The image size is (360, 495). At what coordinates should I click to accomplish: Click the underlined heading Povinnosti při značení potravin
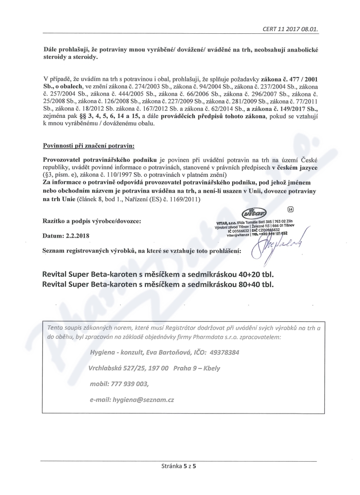pyautogui.click(x=88, y=146)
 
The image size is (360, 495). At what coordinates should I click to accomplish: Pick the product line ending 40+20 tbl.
pyautogui.click(x=157, y=274)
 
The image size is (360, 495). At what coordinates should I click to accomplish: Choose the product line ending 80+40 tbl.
pyautogui.click(x=157, y=284)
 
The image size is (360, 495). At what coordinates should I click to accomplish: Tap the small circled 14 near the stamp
pyautogui.click(x=290, y=209)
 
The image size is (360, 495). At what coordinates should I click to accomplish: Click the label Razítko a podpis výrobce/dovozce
pyautogui.click(x=92, y=221)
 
